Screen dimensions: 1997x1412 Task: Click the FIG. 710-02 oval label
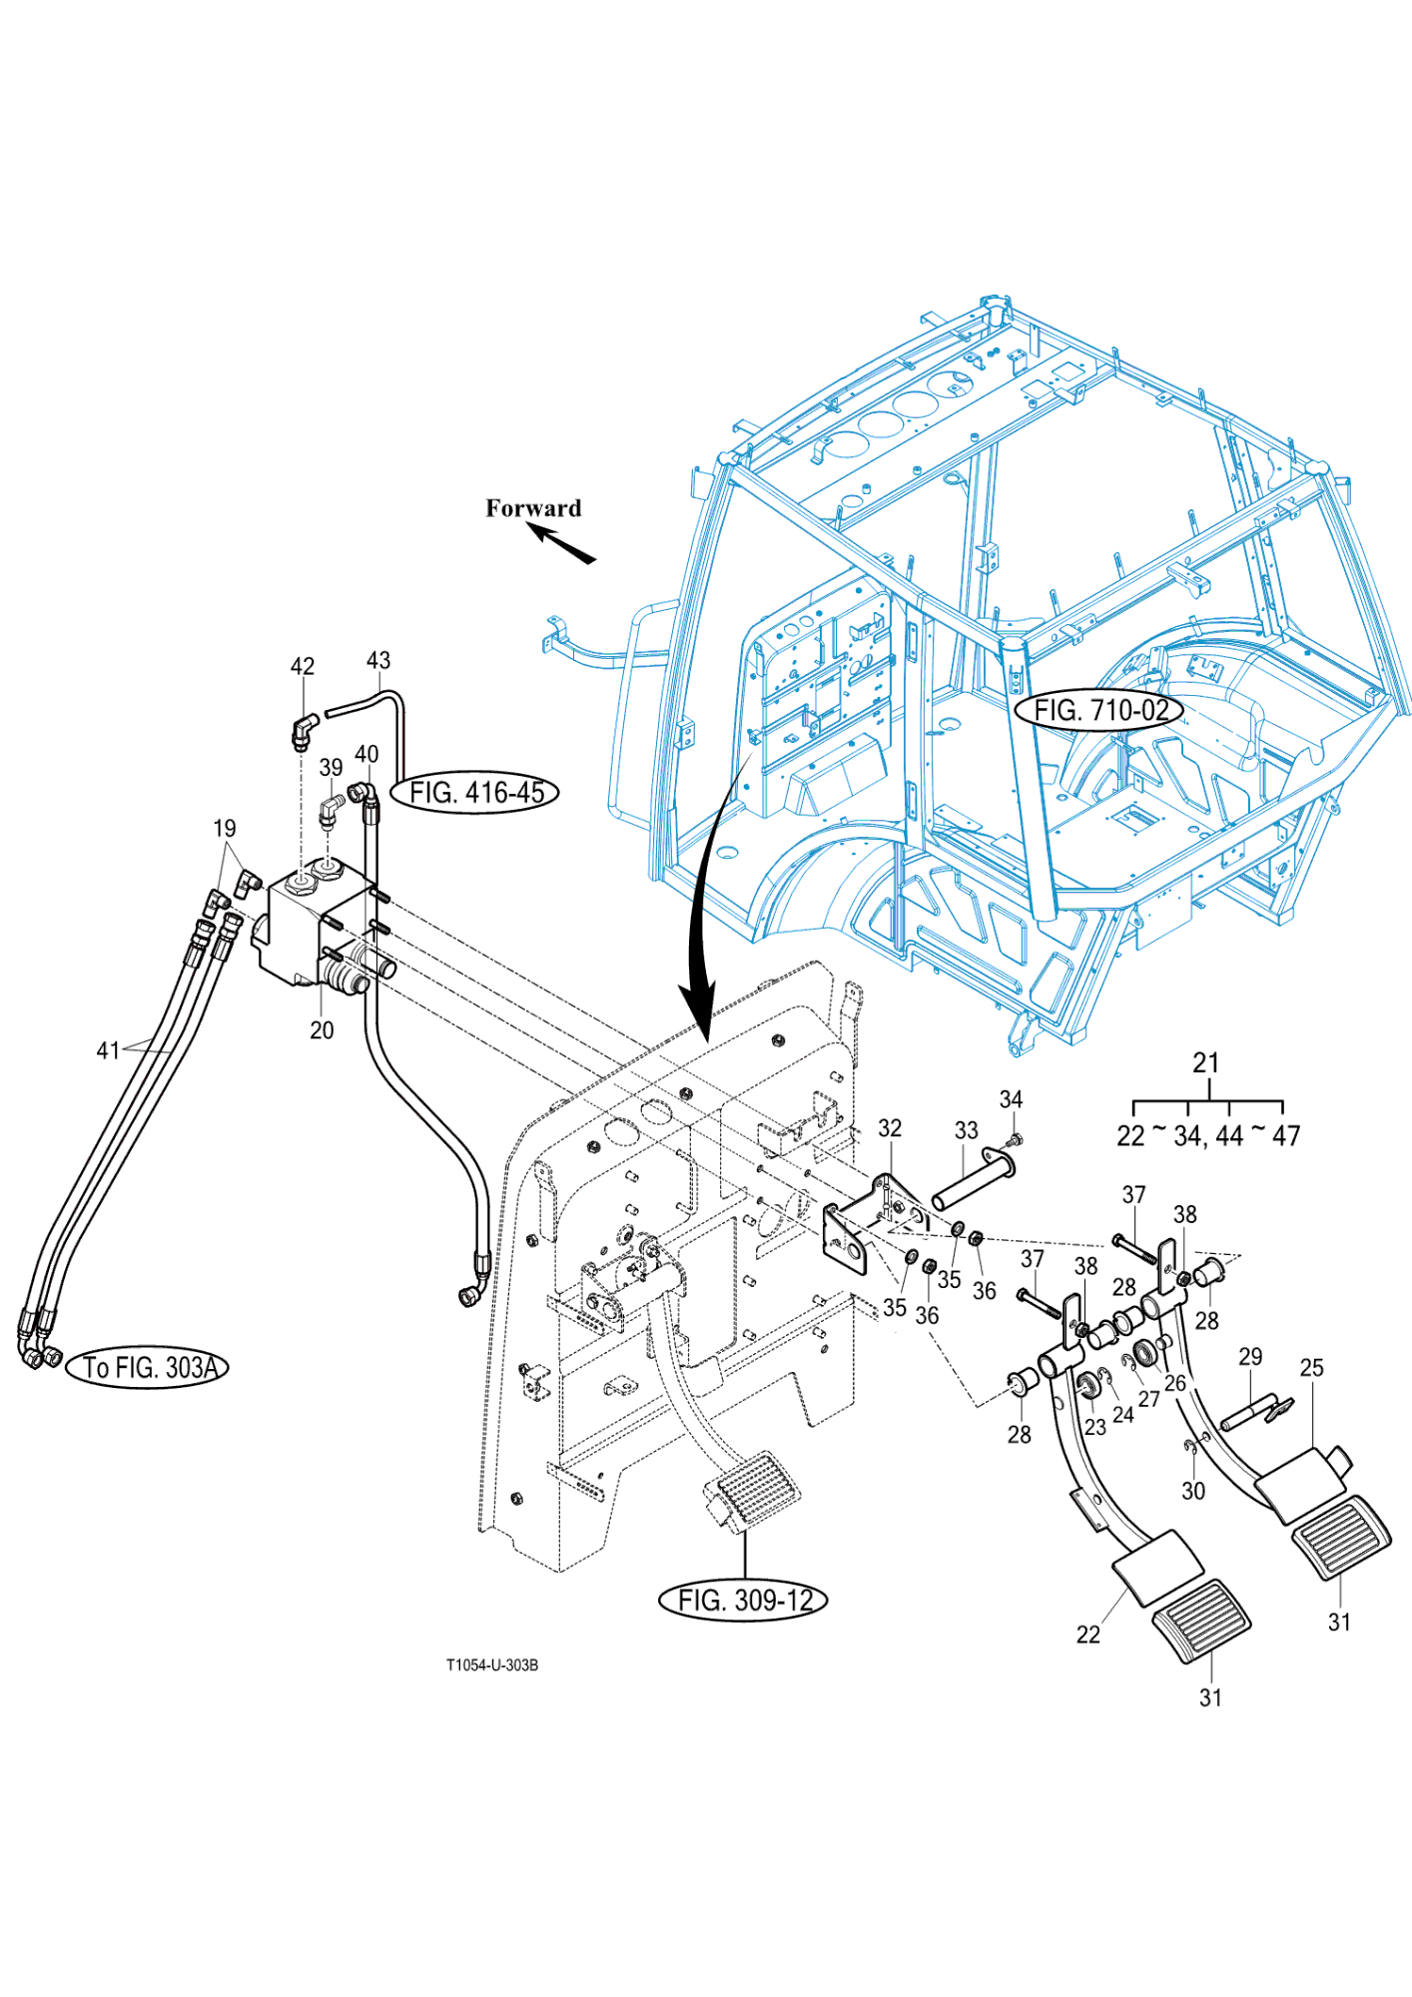tap(1099, 710)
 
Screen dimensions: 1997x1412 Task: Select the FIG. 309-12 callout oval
tap(744, 1601)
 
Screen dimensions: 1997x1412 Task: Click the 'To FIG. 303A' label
tap(148, 1367)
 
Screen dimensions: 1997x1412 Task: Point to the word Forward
tap(533, 508)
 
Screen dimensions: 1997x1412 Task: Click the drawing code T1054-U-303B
tap(492, 1665)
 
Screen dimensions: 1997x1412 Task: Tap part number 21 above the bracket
tap(1206, 1063)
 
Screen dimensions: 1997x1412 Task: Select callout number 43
tap(378, 661)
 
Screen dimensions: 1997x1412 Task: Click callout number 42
tap(303, 666)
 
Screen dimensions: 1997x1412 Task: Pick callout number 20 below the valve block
tap(322, 1030)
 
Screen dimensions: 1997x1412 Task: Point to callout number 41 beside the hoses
tap(108, 1050)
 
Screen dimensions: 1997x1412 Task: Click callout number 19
tap(225, 829)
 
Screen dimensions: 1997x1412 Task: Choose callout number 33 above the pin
tap(966, 1130)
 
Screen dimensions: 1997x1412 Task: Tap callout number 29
tap(1250, 1357)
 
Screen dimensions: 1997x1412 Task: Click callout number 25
tap(1312, 1367)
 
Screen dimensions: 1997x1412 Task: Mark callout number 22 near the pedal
tap(1088, 1635)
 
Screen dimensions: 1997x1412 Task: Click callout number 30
tap(1193, 1491)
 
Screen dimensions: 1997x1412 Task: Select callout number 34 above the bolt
tap(1011, 1099)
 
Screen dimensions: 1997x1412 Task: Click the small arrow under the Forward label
tap(562, 544)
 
